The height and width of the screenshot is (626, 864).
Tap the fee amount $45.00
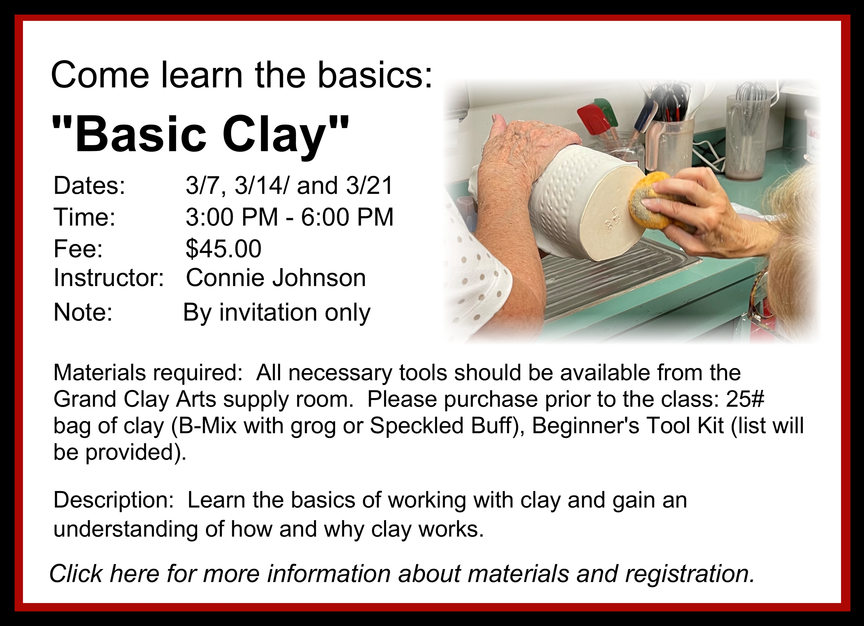coord(223,249)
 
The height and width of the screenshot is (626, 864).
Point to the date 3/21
coord(369,186)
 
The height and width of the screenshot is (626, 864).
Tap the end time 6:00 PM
coord(347,217)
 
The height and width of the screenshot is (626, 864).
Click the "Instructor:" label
coord(109,278)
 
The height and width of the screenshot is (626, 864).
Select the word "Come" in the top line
coord(100,75)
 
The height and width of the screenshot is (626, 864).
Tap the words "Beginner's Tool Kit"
coord(628,426)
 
